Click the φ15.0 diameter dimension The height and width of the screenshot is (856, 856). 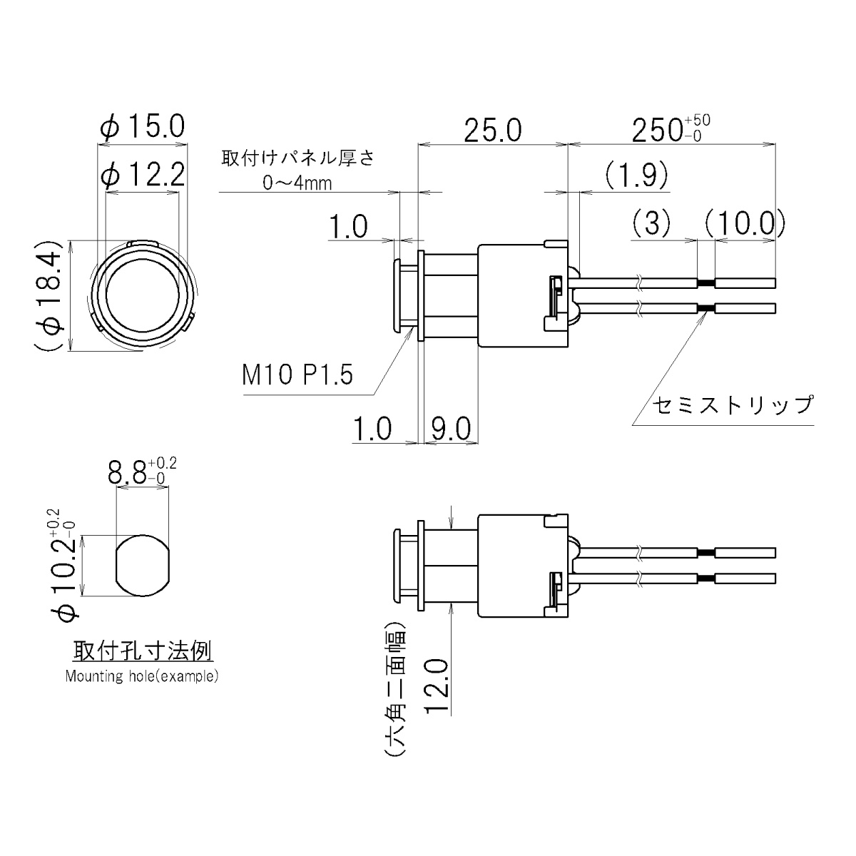[x=143, y=128]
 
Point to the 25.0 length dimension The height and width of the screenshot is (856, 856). [x=492, y=131]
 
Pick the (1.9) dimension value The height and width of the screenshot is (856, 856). [x=636, y=174]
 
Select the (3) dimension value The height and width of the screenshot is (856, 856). [x=651, y=224]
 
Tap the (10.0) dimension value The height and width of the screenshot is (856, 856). [x=744, y=224]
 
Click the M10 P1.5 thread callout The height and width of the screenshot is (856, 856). [x=297, y=375]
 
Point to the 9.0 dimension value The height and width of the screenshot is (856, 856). [x=450, y=429]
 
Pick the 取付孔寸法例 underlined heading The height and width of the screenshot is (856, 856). [x=142, y=651]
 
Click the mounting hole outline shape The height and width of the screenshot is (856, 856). [x=143, y=565]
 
